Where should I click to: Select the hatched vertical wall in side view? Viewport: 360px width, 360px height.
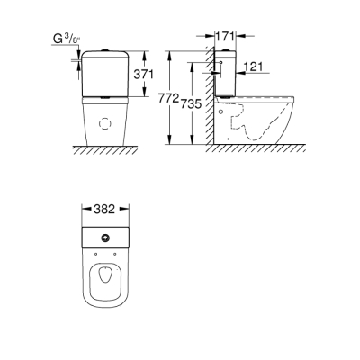click(207, 99)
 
